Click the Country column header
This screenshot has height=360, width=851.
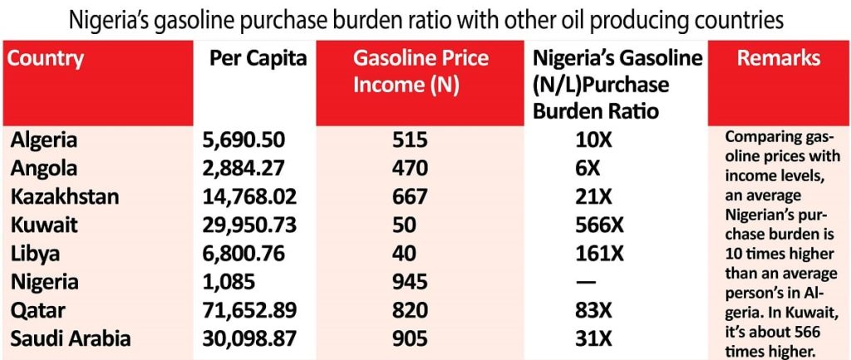click(x=47, y=59)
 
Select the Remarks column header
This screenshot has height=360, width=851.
click(x=779, y=58)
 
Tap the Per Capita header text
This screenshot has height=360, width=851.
click(x=258, y=59)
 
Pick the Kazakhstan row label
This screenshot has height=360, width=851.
click(x=64, y=196)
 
